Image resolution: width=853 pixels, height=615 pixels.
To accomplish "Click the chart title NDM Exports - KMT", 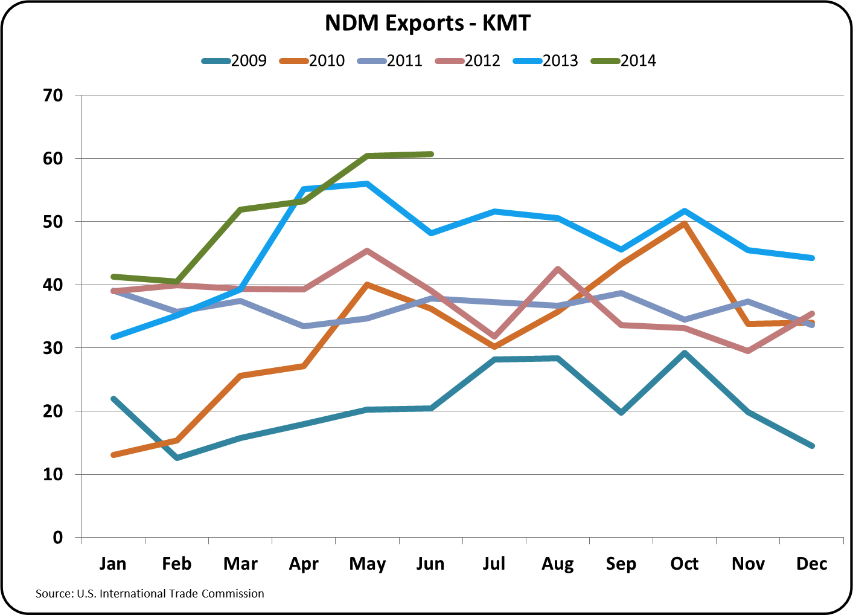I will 427,23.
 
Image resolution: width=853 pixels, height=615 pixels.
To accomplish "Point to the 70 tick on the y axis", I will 53,95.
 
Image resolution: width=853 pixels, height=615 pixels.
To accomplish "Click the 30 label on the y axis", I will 53,348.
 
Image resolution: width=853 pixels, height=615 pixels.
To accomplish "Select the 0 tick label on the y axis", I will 58,538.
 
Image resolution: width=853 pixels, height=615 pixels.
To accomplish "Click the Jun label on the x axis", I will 430,564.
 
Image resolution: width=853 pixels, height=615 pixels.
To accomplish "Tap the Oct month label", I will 685,564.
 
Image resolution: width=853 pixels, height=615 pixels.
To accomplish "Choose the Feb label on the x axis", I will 176,564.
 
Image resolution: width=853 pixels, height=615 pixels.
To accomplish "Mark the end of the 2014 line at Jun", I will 431,154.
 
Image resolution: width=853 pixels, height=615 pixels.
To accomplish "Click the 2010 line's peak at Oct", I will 685,224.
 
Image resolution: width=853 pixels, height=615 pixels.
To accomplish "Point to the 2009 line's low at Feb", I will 177,458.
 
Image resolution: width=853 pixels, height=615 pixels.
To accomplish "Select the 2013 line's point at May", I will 367,184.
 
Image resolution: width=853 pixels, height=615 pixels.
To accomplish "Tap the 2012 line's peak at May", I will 367,251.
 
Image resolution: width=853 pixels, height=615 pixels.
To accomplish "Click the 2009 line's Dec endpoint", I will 812,446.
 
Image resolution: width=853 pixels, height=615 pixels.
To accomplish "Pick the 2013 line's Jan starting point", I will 113,337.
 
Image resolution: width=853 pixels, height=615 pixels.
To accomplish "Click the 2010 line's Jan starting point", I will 113,455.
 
